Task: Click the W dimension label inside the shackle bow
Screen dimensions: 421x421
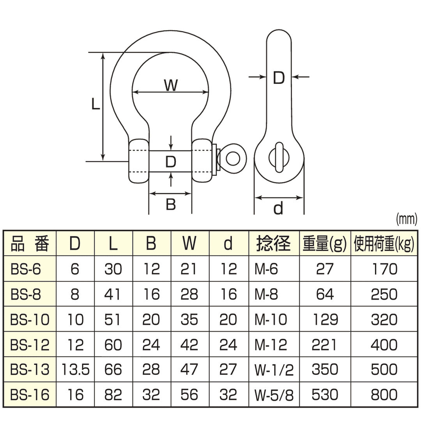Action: pyautogui.click(x=170, y=85)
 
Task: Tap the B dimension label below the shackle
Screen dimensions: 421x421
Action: pyautogui.click(x=171, y=204)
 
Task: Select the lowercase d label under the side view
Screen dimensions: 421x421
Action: pyautogui.click(x=278, y=209)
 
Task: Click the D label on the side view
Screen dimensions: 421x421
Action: pyautogui.click(x=278, y=78)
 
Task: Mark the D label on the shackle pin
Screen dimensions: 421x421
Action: pyautogui.click(x=171, y=161)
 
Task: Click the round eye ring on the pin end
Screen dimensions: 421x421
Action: pyautogui.click(x=233, y=159)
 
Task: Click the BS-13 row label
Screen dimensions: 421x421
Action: pyautogui.click(x=30, y=370)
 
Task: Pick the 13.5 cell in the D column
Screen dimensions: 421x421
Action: pyautogui.click(x=76, y=370)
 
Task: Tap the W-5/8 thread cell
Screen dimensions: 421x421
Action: pyautogui.click(x=274, y=395)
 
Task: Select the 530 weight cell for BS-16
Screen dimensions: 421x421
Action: pyautogui.click(x=325, y=395)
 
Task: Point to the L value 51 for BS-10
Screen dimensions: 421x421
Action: pyautogui.click(x=113, y=320)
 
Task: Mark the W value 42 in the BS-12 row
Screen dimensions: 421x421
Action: pyautogui.click(x=189, y=345)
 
